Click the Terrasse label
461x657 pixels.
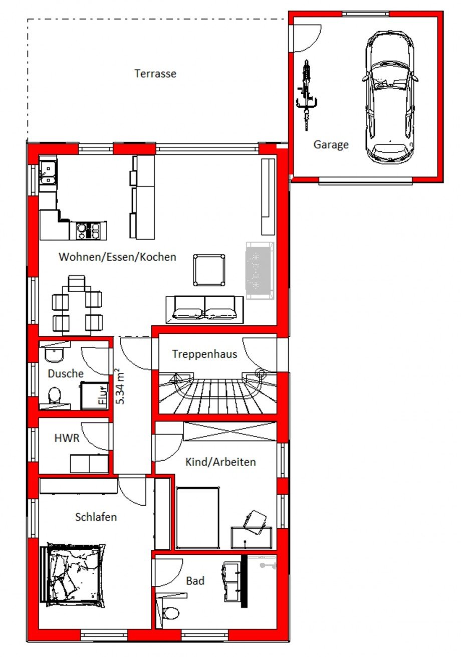coord(155,73)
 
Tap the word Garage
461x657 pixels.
coord(331,144)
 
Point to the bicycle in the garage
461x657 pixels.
coord(307,95)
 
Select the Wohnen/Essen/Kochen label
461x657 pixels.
coord(117,257)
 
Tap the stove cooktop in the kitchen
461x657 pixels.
coord(88,230)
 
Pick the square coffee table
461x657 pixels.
coord(209,270)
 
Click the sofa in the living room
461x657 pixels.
coord(204,309)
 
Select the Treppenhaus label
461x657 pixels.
coord(204,354)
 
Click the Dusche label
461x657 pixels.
coord(66,373)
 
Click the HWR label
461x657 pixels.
coord(67,438)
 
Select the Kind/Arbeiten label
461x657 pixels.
coord(220,462)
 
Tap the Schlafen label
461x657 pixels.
coord(96,517)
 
